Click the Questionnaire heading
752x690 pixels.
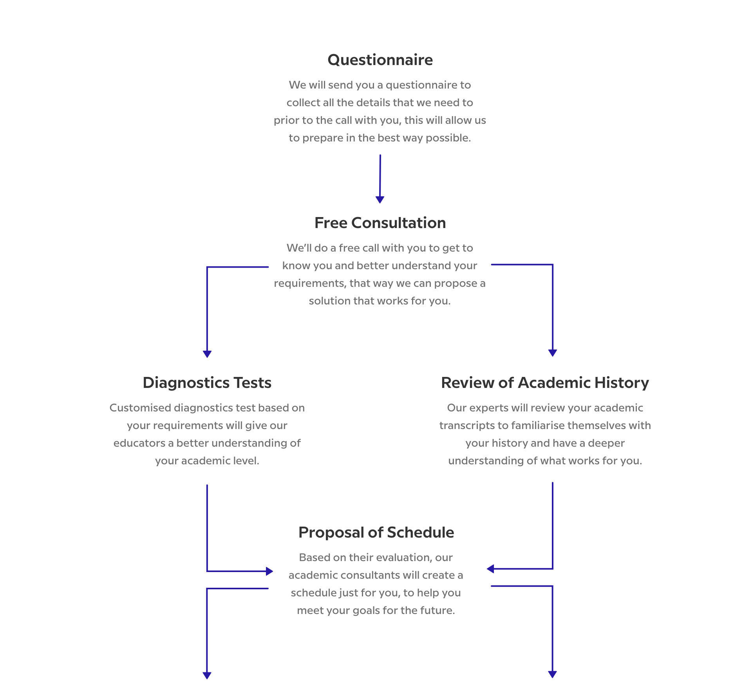[x=380, y=60]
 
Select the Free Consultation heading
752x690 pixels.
[x=380, y=223]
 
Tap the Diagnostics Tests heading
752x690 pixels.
[x=207, y=383]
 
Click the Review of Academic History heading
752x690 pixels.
[x=545, y=383]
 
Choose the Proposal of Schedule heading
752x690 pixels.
[x=376, y=532]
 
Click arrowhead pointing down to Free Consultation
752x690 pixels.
[x=380, y=199]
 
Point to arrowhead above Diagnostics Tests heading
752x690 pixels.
[x=207, y=354]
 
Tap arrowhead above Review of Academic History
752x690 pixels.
[x=553, y=353]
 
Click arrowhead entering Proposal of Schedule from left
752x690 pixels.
[x=269, y=571]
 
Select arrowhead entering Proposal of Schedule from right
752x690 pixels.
[x=490, y=569]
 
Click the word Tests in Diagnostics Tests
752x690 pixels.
[x=252, y=383]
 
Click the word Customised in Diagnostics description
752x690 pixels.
[x=140, y=408]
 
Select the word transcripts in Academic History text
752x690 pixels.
[x=467, y=426]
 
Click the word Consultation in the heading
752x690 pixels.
[x=399, y=223]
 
